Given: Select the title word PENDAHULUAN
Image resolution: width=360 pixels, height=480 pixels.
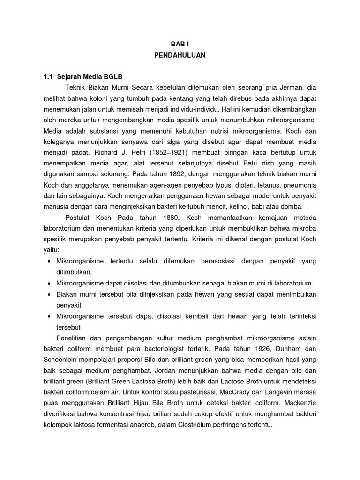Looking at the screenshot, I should coord(180,55).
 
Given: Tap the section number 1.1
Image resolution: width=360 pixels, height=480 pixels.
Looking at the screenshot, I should coord(48,76).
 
